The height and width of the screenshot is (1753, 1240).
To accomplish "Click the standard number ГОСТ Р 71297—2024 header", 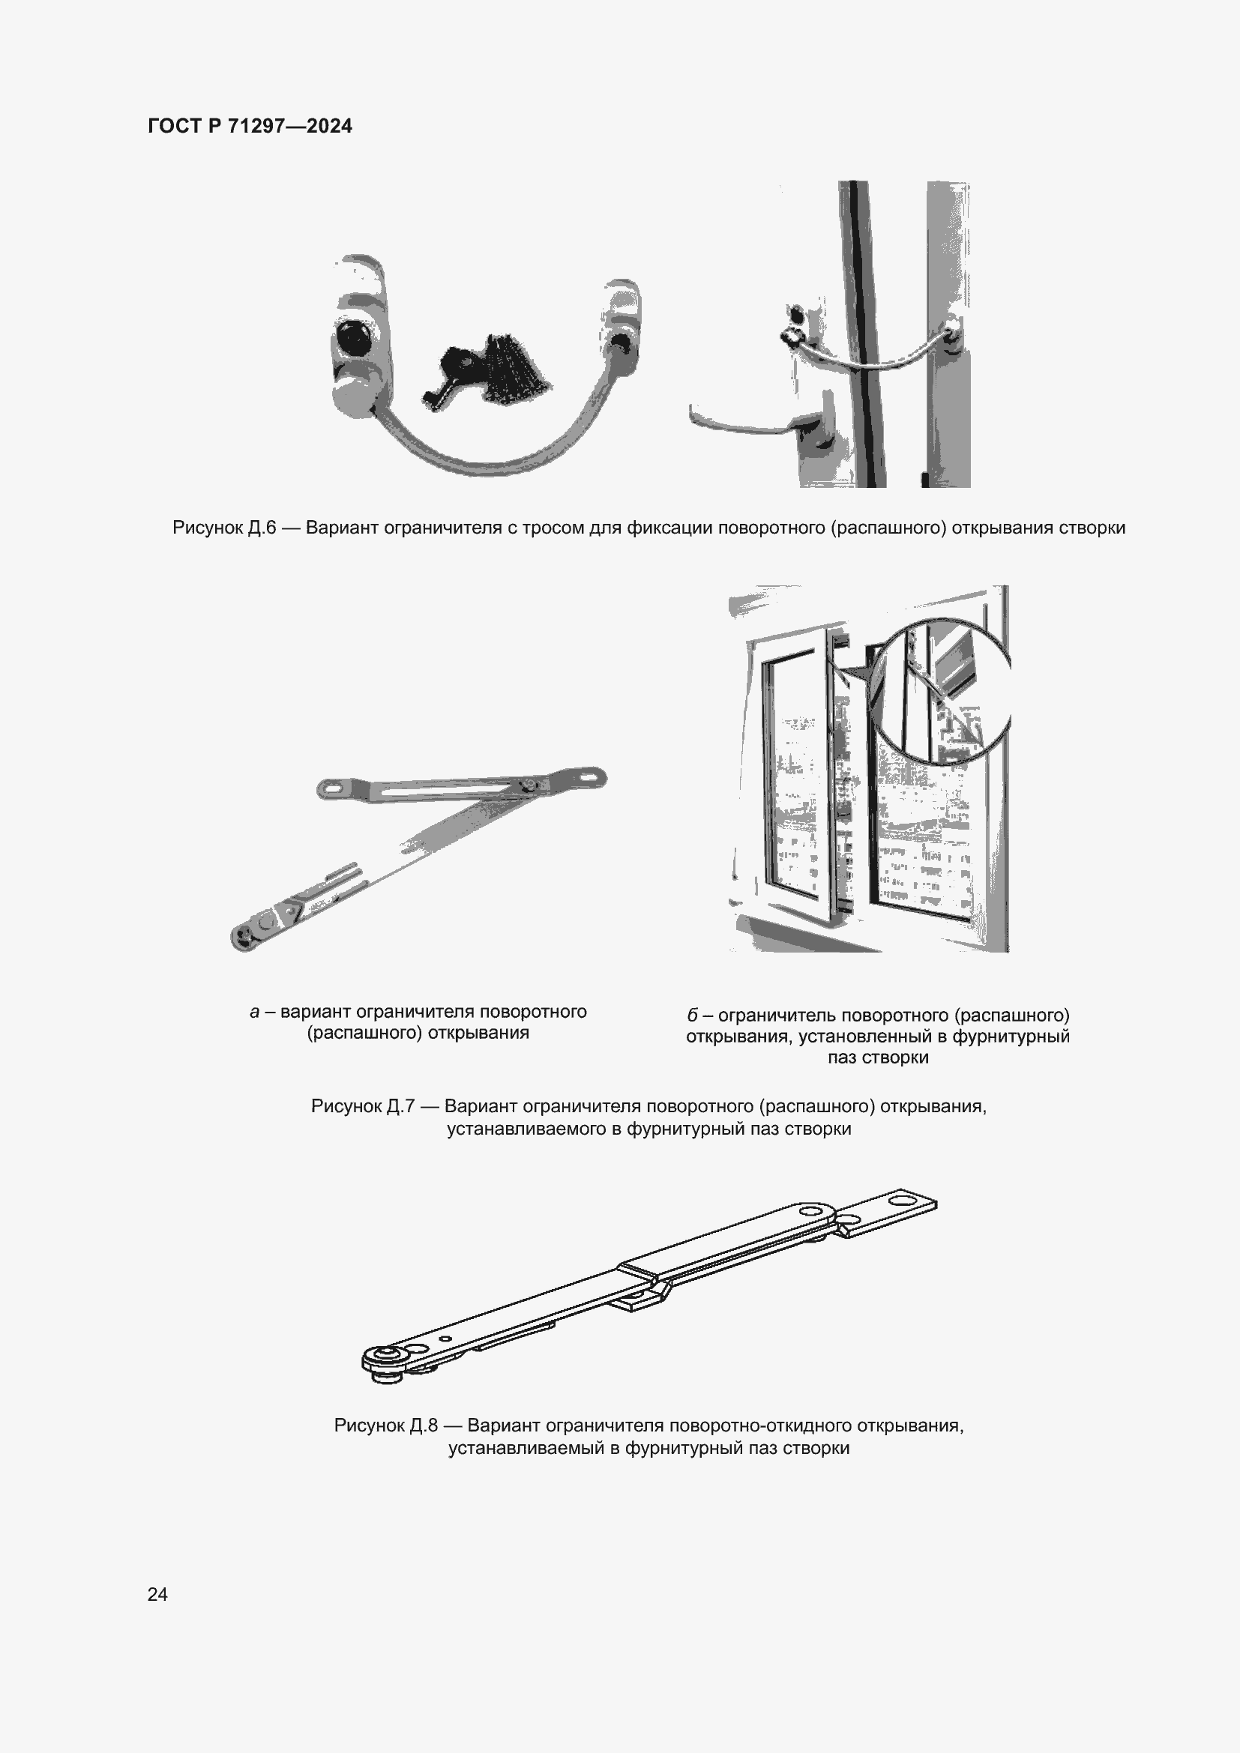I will tap(250, 126).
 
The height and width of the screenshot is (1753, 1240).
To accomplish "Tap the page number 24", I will tap(157, 1594).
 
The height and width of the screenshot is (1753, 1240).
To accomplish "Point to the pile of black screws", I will tap(513, 369).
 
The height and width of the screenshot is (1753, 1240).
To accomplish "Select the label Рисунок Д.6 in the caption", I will tap(223, 528).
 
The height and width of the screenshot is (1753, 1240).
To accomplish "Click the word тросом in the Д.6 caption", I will tap(548, 528).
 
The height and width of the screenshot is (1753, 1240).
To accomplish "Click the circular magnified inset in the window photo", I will tap(941, 692).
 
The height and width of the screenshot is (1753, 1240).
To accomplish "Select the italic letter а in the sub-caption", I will tap(254, 1012).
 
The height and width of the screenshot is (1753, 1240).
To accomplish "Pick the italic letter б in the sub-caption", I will tap(693, 1016).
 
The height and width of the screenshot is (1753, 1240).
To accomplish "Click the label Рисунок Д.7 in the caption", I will tap(363, 1106).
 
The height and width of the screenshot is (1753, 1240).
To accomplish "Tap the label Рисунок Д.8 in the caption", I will tap(385, 1425).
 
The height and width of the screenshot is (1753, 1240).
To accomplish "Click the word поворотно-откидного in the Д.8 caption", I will tap(759, 1425).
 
